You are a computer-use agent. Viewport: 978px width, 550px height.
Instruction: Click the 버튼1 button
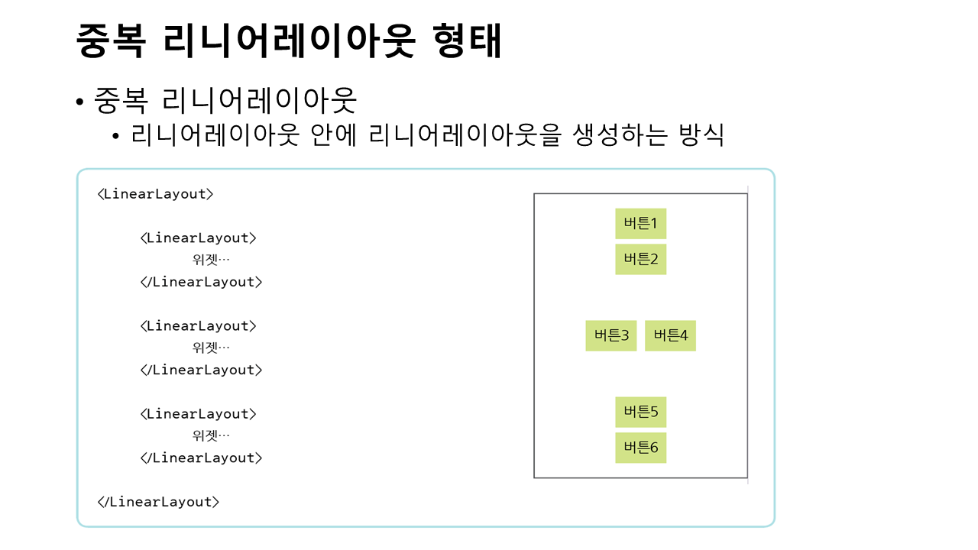click(x=640, y=224)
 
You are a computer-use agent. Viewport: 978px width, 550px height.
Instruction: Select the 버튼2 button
click(x=640, y=259)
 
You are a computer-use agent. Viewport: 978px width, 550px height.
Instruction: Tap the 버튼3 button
click(x=610, y=335)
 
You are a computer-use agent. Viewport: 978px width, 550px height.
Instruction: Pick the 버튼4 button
click(x=670, y=335)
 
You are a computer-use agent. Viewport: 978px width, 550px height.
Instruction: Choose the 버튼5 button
click(x=640, y=412)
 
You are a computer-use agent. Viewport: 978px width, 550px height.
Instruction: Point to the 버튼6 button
click(x=640, y=448)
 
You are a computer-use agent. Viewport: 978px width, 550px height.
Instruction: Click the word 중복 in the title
click(x=111, y=41)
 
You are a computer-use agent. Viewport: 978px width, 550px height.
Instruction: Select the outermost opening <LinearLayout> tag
click(x=155, y=194)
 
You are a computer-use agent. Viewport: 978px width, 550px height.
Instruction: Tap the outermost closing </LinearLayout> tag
click(x=158, y=502)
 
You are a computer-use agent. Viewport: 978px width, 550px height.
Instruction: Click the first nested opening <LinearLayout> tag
click(x=199, y=238)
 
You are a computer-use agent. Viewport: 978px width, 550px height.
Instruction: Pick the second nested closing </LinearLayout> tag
click(x=201, y=370)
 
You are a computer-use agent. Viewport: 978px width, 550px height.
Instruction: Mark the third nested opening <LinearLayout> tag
click(x=199, y=414)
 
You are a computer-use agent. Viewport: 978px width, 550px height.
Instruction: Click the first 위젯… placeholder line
click(x=211, y=260)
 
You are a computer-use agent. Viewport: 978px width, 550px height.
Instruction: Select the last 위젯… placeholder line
click(x=211, y=435)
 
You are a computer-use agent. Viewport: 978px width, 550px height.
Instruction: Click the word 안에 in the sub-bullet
click(x=335, y=135)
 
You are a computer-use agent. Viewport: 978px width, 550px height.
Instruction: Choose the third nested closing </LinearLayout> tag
click(x=201, y=458)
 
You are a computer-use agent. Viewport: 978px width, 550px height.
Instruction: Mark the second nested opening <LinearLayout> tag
click(x=199, y=326)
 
